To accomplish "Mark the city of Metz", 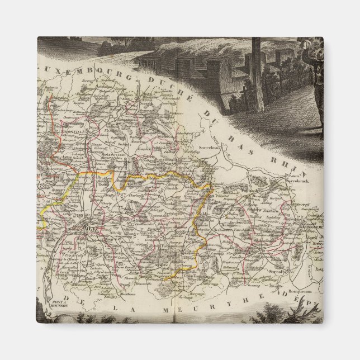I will (x=87, y=228).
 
